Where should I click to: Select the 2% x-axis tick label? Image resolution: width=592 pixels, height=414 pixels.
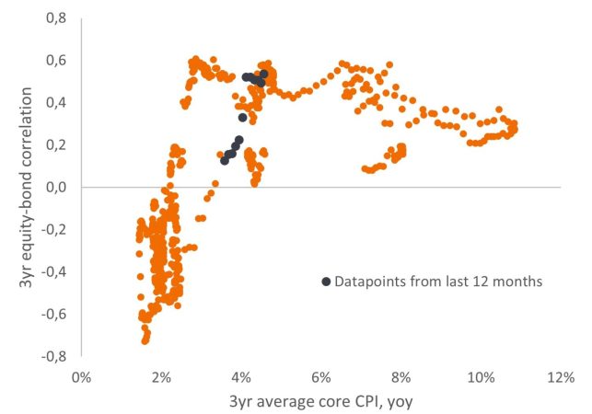(x=160, y=376)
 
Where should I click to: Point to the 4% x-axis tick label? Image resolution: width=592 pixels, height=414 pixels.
(x=240, y=376)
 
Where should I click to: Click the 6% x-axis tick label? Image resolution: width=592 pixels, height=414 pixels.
(x=320, y=376)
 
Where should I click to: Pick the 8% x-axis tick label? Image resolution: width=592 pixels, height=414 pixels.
(x=400, y=376)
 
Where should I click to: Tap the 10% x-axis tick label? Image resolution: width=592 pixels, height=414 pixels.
(x=480, y=376)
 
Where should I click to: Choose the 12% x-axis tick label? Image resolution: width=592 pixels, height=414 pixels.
(x=560, y=376)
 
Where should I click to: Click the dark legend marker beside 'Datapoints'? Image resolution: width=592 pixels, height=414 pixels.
(x=325, y=282)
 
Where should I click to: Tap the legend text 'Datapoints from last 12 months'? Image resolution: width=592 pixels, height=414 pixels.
(x=438, y=282)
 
